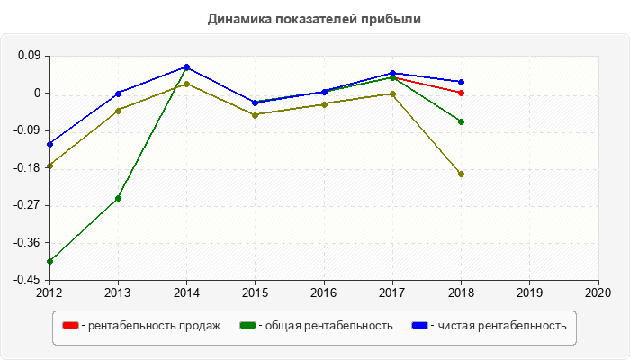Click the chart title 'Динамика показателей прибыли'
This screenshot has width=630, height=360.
click(314, 18)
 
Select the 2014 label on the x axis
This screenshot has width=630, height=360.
click(186, 292)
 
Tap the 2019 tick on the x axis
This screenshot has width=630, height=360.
click(529, 292)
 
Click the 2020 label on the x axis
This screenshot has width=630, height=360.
click(598, 292)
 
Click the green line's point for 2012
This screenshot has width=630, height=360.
click(49, 261)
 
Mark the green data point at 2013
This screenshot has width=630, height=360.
click(118, 198)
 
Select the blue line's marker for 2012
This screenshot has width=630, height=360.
click(49, 144)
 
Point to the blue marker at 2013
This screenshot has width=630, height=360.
click(118, 94)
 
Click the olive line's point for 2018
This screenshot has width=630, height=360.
click(461, 174)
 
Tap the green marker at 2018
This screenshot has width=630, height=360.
click(461, 121)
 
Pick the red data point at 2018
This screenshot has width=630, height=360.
click(461, 93)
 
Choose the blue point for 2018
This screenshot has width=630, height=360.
click(461, 82)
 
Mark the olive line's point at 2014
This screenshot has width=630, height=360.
click(186, 84)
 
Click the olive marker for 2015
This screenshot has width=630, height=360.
click(255, 114)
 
